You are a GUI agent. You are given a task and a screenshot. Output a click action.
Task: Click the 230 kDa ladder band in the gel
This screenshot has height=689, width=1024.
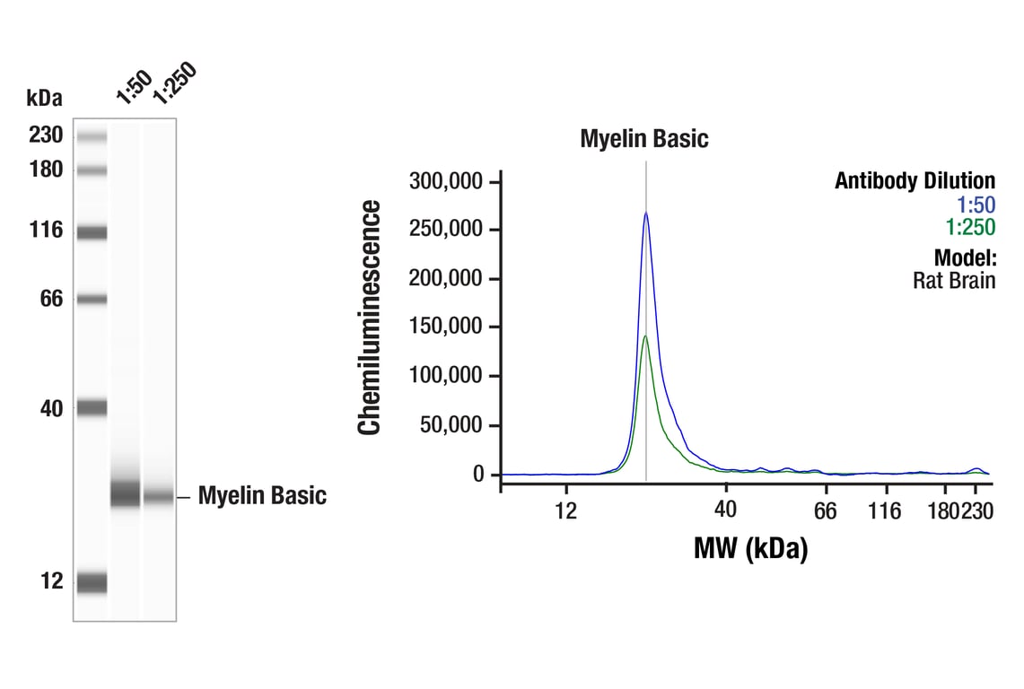(x=92, y=136)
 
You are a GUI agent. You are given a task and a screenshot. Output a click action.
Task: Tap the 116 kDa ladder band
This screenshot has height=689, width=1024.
(x=92, y=232)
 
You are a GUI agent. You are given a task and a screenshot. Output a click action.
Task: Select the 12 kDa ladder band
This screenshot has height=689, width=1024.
(x=92, y=583)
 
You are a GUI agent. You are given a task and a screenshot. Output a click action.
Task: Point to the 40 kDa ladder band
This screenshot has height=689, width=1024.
(x=92, y=408)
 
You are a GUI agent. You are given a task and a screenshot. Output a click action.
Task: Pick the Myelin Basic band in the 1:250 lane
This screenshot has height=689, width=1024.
(x=159, y=496)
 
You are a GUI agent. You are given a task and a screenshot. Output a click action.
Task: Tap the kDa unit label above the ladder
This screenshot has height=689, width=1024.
(x=44, y=98)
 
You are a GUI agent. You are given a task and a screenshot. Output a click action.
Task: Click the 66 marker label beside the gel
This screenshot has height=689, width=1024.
(x=51, y=299)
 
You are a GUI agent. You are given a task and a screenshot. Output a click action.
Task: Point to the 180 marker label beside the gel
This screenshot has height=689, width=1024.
(x=46, y=170)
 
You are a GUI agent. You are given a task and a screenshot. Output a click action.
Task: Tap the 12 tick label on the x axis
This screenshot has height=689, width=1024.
(x=565, y=510)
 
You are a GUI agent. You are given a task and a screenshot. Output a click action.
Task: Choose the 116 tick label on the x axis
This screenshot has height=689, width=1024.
(x=886, y=510)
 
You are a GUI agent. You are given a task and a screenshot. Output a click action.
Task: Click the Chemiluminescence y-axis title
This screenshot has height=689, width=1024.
(x=370, y=318)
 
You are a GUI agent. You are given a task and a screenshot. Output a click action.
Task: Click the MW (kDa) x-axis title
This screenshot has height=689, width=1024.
(x=750, y=547)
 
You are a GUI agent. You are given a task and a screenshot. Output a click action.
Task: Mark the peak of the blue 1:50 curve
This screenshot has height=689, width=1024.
(x=645, y=214)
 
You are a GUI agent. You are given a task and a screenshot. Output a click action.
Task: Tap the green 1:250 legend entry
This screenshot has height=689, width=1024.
(x=970, y=228)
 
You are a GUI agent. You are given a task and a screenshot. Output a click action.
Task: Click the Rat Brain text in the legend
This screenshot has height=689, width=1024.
(x=954, y=280)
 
